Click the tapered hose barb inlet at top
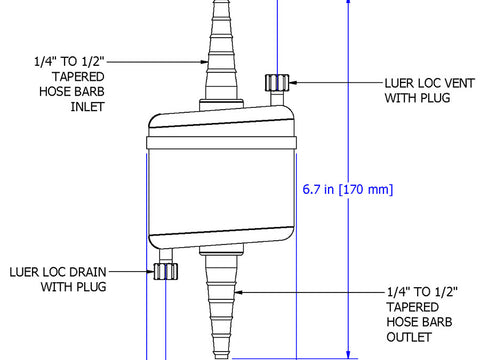click(220, 50)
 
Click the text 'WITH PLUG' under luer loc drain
click(73, 287)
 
